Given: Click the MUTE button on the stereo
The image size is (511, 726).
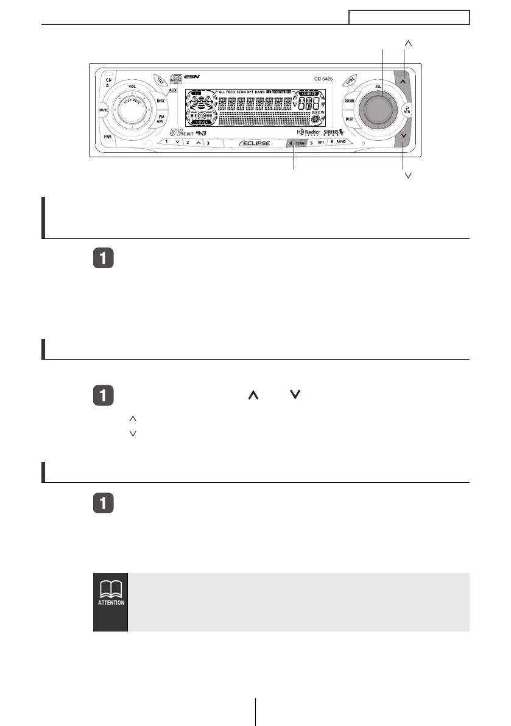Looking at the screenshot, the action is (x=103, y=110).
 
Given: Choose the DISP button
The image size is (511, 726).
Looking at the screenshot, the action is (x=349, y=119).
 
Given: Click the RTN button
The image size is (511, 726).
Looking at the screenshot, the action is (x=406, y=110).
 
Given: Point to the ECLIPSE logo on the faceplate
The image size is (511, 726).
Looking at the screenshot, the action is (x=255, y=143).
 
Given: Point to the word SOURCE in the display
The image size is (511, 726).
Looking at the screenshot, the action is (x=308, y=93).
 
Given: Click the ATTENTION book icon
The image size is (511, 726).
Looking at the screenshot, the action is (x=110, y=589).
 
